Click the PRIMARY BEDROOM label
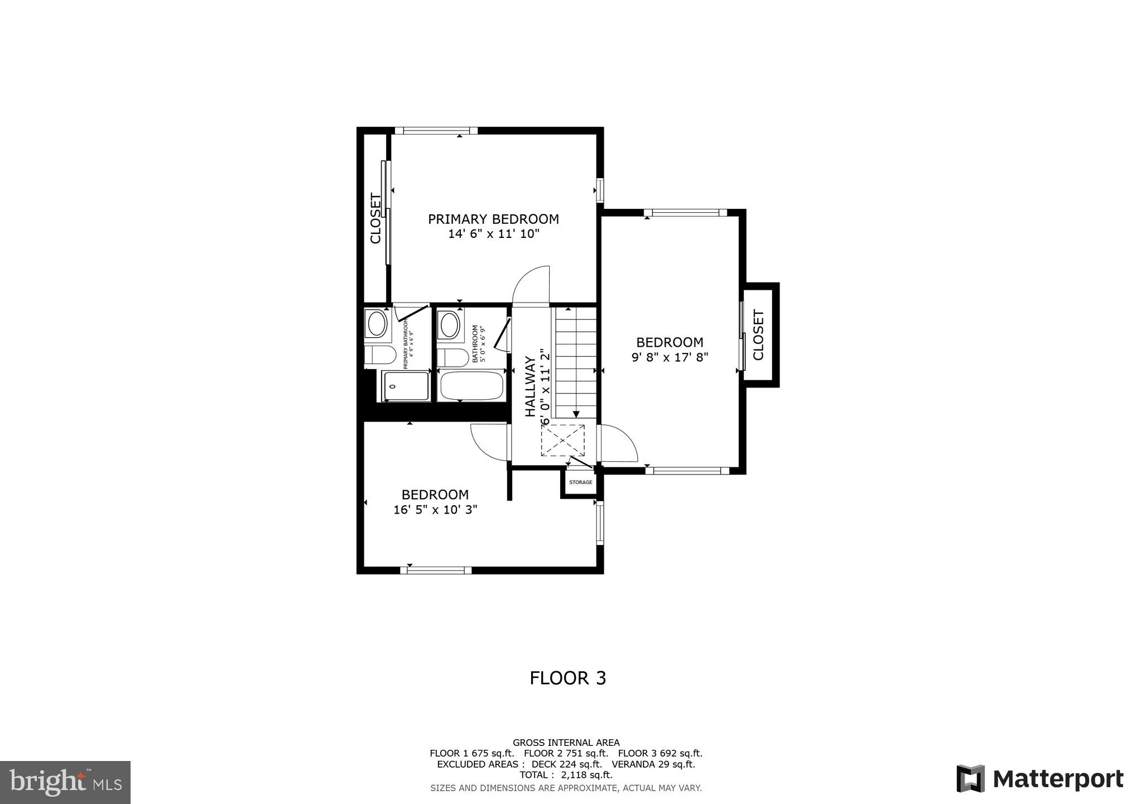(x=493, y=219)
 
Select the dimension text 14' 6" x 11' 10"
(x=493, y=234)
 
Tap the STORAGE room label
(x=580, y=482)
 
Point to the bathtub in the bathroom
(x=472, y=386)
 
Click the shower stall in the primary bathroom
(x=406, y=386)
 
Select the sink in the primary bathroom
(x=377, y=324)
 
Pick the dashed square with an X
(x=562, y=441)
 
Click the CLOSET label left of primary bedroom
(x=376, y=218)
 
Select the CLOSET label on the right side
(x=758, y=335)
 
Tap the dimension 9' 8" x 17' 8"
(x=670, y=357)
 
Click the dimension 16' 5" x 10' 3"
(x=435, y=510)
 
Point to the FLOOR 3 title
(x=567, y=678)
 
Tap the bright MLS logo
(x=65, y=782)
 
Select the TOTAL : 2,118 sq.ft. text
(x=566, y=775)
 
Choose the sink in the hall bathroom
(x=449, y=325)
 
